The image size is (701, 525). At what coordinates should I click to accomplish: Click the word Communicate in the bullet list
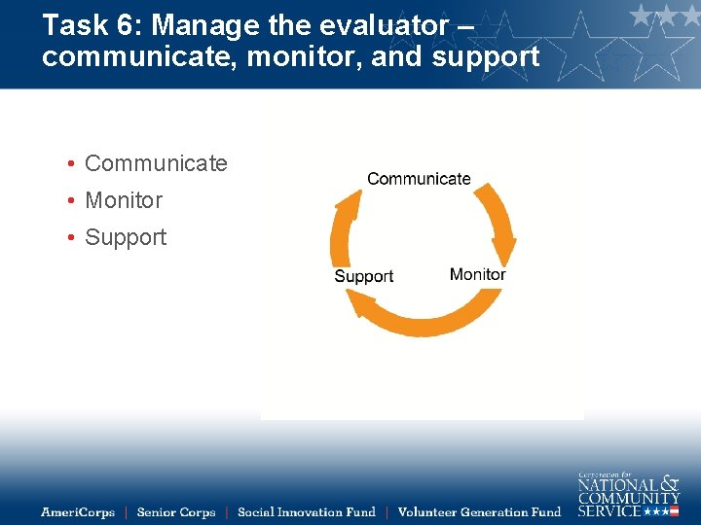pyautogui.click(x=156, y=163)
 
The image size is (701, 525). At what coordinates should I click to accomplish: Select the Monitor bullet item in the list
pyautogui.click(x=124, y=200)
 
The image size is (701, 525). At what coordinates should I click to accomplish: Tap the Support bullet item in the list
pyautogui.click(x=126, y=237)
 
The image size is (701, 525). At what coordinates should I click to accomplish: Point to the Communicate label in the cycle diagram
pyautogui.click(x=419, y=179)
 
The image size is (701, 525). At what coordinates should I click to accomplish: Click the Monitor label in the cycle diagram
pyautogui.click(x=477, y=274)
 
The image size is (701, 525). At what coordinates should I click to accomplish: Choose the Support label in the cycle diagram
pyautogui.click(x=363, y=276)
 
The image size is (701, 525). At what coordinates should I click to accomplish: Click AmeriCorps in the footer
pyautogui.click(x=78, y=511)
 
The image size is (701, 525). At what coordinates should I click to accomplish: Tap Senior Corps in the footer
pyautogui.click(x=176, y=511)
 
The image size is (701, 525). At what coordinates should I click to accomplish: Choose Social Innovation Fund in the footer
pyautogui.click(x=306, y=511)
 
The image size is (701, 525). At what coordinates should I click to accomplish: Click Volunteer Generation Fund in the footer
pyautogui.click(x=479, y=511)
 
